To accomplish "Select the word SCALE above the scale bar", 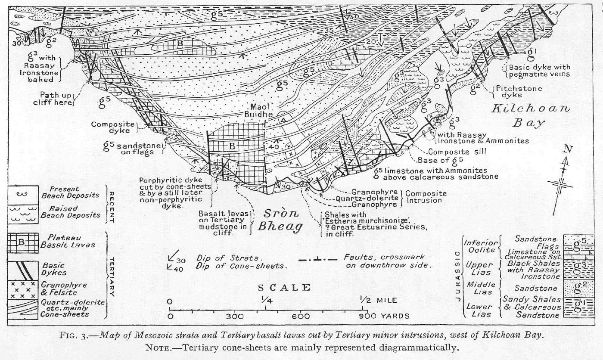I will click(x=284, y=288).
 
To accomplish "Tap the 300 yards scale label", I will click(x=235, y=317).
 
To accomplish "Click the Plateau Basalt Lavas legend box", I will click(x=21, y=242).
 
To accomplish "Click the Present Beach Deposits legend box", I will click(x=21, y=193).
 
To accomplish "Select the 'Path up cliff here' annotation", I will click(x=53, y=99).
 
